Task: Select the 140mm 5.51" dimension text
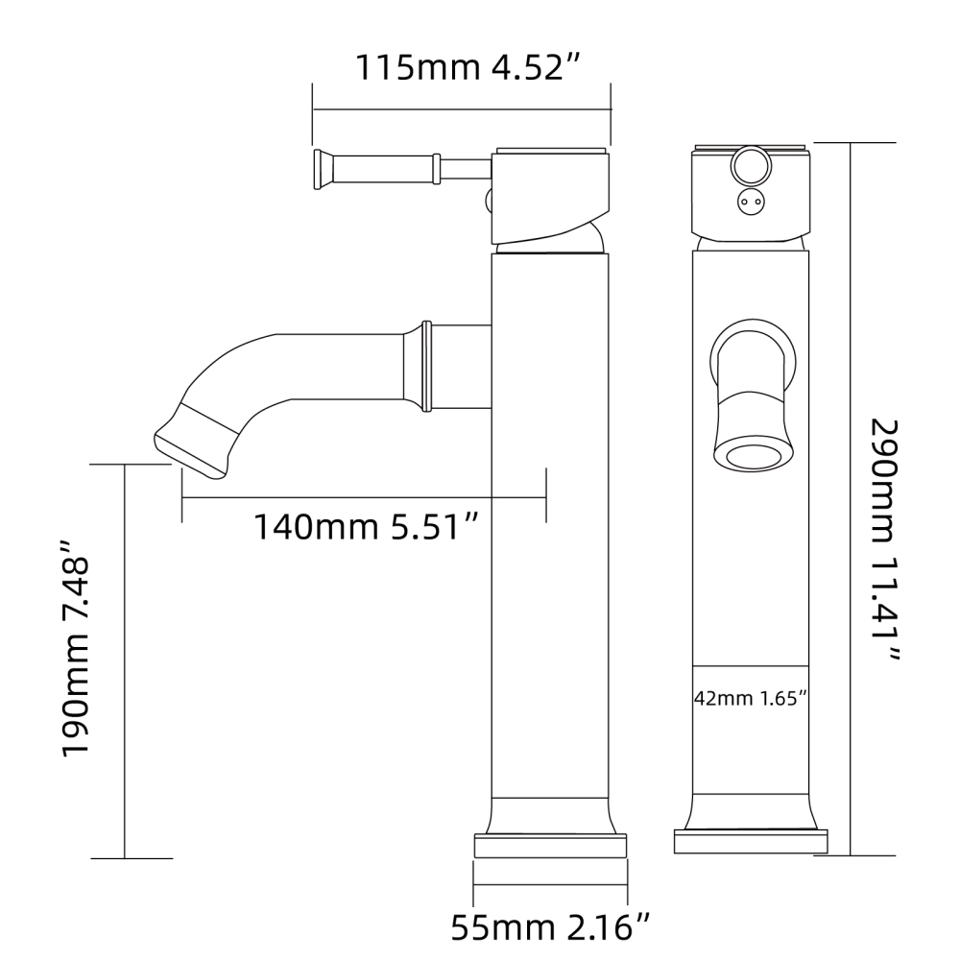click(365, 526)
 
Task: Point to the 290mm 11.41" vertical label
click(885, 540)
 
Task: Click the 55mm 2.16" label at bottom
click(551, 928)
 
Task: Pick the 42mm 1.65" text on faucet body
click(749, 698)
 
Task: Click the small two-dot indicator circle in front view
click(749, 202)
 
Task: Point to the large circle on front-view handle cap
click(749, 168)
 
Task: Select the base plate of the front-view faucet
click(750, 841)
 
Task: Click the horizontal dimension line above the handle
click(461, 110)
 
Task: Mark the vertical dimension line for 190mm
click(125, 662)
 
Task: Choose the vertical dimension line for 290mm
click(851, 499)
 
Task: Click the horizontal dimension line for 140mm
click(365, 498)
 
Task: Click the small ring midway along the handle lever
click(437, 171)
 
